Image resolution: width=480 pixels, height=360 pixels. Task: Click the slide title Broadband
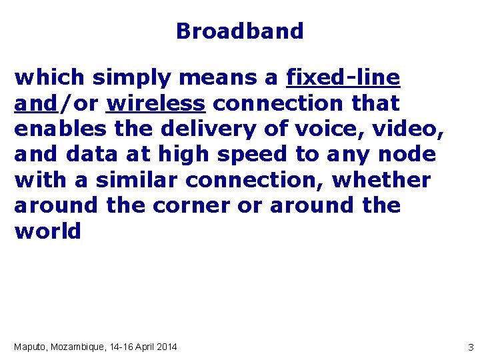click(240, 31)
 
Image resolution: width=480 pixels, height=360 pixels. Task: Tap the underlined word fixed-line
click(343, 78)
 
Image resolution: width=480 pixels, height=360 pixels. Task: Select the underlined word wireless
click(155, 104)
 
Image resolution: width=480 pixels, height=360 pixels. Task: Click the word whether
click(381, 180)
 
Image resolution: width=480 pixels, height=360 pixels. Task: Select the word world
click(47, 231)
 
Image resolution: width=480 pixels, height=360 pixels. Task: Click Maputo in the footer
click(30, 347)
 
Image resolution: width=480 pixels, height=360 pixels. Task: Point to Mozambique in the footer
click(81, 347)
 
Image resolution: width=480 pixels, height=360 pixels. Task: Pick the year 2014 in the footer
click(165, 347)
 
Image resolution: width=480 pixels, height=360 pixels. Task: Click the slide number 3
click(470, 347)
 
